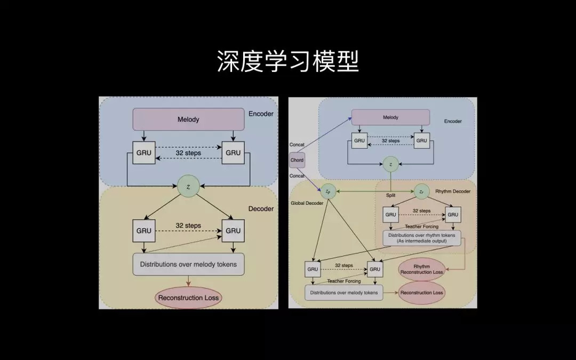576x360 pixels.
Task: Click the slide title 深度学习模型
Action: pyautogui.click(x=287, y=62)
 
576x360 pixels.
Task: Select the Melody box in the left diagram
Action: pyautogui.click(x=188, y=119)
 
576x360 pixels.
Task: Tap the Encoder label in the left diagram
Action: pyautogui.click(x=261, y=114)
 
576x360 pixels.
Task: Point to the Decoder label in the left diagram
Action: pyautogui.click(x=261, y=209)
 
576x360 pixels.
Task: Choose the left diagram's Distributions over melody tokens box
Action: pyautogui.click(x=188, y=264)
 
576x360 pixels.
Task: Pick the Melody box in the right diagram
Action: pyautogui.click(x=390, y=117)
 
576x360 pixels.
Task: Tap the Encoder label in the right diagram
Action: pyautogui.click(x=453, y=121)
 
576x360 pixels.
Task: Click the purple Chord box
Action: pyautogui.click(x=297, y=159)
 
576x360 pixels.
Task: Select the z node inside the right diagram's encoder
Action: pyautogui.click(x=390, y=164)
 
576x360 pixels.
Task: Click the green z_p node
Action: pyautogui.click(x=327, y=191)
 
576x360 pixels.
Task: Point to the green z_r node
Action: pyautogui.click(x=421, y=191)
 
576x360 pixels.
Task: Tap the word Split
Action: pyautogui.click(x=391, y=196)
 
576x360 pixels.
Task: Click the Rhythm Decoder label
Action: pyautogui.click(x=453, y=191)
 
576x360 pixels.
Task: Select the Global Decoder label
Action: pyautogui.click(x=307, y=203)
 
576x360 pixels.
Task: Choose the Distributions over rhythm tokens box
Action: pyautogui.click(x=422, y=238)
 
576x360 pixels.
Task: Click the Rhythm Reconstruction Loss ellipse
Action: pyautogui.click(x=422, y=269)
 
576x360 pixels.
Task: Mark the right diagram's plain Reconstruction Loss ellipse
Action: pyautogui.click(x=422, y=292)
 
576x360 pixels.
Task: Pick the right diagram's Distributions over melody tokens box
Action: pyautogui.click(x=344, y=292)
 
